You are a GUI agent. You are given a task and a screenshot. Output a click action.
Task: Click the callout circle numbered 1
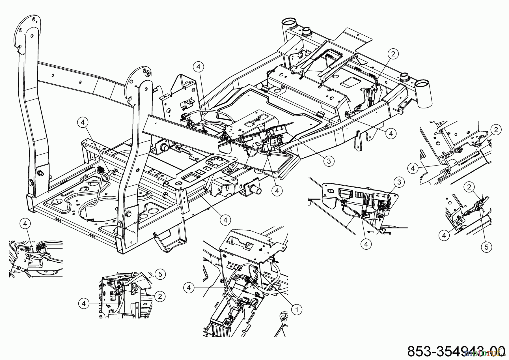(297, 310)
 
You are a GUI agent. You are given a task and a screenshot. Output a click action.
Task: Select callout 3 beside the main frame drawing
(329, 161)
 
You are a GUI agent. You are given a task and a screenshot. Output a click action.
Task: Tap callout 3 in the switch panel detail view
(399, 182)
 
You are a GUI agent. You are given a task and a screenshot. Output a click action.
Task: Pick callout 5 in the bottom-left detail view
(160, 274)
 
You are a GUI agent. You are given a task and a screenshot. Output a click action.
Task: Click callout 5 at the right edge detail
(486, 247)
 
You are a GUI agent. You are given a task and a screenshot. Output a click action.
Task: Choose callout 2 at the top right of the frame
(393, 54)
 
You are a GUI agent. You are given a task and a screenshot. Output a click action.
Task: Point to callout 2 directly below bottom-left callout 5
(160, 296)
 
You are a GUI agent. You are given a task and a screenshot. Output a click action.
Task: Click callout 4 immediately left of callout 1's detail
(189, 288)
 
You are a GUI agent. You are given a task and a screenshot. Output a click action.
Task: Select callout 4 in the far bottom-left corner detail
(25, 224)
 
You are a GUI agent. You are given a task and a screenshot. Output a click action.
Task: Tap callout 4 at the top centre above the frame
(199, 67)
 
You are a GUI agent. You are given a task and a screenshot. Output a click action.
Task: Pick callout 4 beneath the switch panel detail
(366, 244)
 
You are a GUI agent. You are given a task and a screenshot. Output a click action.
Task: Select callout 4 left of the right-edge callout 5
(444, 235)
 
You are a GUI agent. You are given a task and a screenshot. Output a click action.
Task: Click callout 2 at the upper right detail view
(496, 130)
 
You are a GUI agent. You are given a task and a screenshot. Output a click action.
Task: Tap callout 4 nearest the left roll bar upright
(83, 122)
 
